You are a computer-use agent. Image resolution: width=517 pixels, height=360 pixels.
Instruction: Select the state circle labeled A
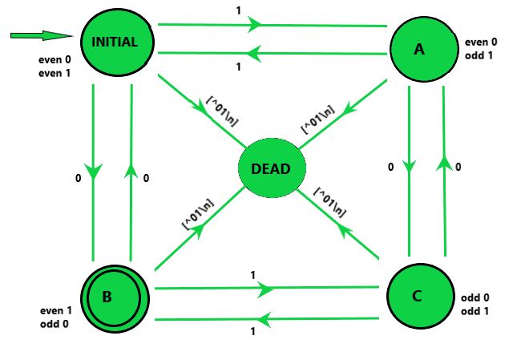[419, 50]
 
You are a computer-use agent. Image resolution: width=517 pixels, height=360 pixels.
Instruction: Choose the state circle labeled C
[417, 297]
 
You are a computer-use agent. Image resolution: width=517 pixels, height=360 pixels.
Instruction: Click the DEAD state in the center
[272, 170]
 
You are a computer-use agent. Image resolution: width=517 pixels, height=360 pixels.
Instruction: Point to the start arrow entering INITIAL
[40, 35]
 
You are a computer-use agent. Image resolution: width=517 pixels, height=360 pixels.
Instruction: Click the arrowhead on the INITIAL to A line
[256, 25]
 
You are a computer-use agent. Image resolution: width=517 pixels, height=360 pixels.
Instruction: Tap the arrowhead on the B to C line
[267, 288]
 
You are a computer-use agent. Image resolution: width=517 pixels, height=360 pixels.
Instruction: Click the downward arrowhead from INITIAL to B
[94, 172]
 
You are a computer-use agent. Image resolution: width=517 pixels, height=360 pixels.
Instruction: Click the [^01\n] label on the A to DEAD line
[316, 115]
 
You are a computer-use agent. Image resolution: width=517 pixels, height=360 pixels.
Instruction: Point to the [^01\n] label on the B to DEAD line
[197, 215]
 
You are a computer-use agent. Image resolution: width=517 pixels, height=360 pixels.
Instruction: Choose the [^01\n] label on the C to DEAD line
[330, 203]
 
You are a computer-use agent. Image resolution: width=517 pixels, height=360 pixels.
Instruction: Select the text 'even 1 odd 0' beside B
[57, 317]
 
